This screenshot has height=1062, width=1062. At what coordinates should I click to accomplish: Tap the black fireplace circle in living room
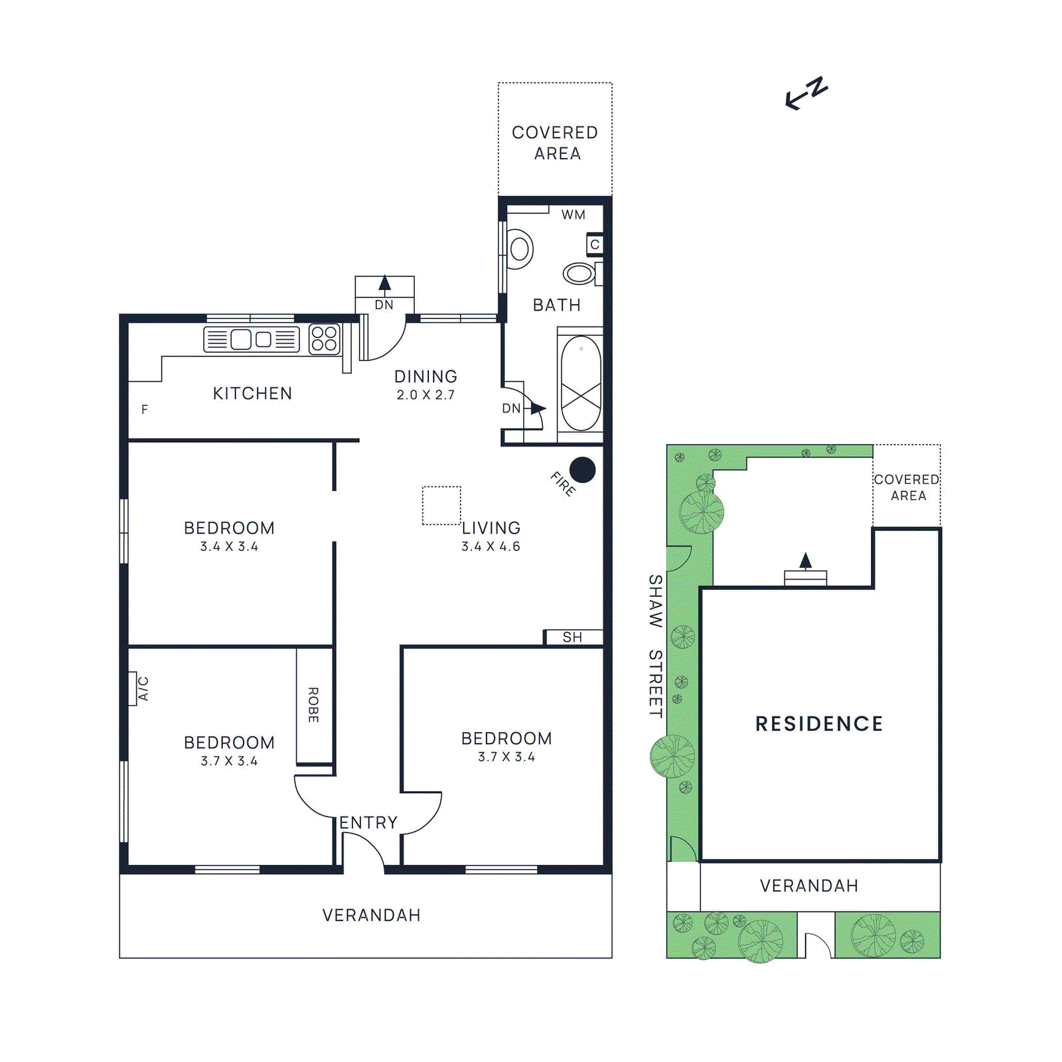(582, 470)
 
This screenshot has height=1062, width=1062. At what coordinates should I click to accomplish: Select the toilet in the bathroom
(519, 249)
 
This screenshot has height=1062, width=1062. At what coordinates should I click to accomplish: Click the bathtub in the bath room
(581, 384)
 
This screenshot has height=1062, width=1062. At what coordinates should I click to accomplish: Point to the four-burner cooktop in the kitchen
(324, 339)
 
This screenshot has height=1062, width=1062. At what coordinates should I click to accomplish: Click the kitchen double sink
(251, 339)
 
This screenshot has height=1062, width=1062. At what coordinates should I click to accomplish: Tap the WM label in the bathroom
(573, 214)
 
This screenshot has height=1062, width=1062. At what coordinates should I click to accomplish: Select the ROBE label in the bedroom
(313, 705)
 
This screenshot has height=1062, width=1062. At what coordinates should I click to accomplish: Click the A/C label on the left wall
(143, 688)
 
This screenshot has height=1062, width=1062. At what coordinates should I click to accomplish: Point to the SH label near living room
(572, 637)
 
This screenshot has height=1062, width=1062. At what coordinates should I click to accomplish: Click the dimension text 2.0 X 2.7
(425, 395)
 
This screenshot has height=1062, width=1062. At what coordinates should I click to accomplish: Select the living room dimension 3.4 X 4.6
(491, 546)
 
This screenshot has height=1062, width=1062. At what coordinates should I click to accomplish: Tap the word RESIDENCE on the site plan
(819, 723)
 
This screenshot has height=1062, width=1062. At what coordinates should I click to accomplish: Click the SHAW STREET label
(655, 646)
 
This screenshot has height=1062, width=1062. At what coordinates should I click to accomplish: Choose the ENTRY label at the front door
(368, 822)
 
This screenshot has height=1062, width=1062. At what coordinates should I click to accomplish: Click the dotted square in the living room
(441, 505)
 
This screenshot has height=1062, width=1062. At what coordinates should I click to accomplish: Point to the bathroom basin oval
(579, 273)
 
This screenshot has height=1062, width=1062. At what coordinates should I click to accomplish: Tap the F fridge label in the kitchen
(144, 410)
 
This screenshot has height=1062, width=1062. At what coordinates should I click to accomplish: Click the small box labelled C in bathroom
(595, 244)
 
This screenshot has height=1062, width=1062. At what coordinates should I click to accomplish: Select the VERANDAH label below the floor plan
(371, 915)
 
